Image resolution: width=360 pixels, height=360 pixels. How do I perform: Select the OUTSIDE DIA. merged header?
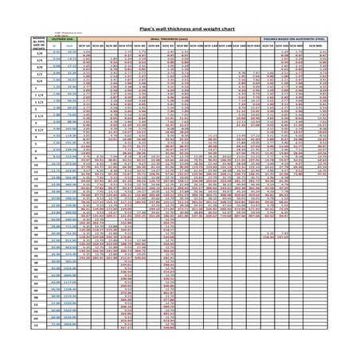click(x=59, y=37)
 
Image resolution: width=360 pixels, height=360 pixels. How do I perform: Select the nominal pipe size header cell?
click(x=37, y=44)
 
